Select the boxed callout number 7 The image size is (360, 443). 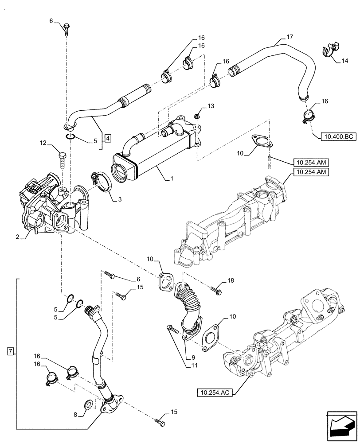11,352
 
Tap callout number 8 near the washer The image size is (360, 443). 75,415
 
